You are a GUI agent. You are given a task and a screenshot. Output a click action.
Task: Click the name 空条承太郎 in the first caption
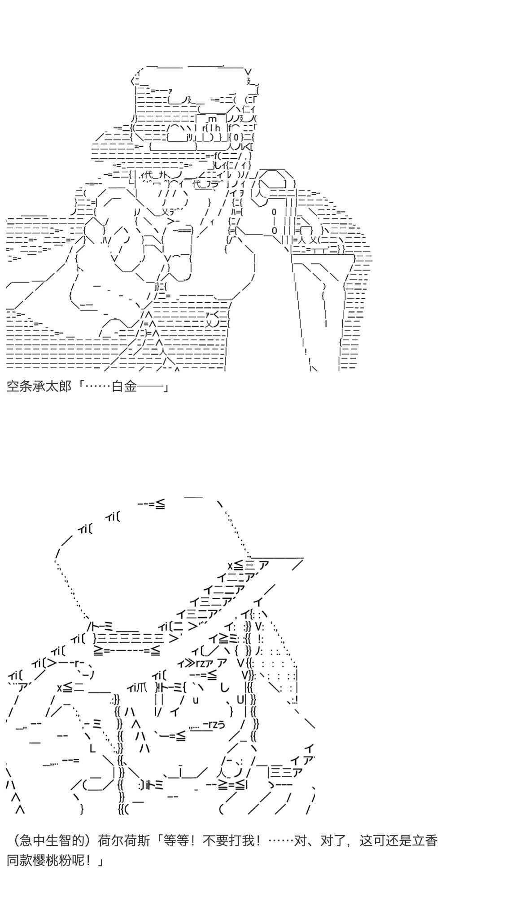pyautogui.click(x=39, y=386)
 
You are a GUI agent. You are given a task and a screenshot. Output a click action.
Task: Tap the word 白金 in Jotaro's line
pyautogui.click(x=124, y=386)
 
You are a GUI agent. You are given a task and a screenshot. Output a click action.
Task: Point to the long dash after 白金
pyautogui.click(x=150, y=386)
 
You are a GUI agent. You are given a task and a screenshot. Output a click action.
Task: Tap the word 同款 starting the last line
pyautogui.click(x=20, y=861)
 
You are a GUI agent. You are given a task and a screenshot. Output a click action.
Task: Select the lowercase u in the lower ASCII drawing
pyautogui.click(x=196, y=699)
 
